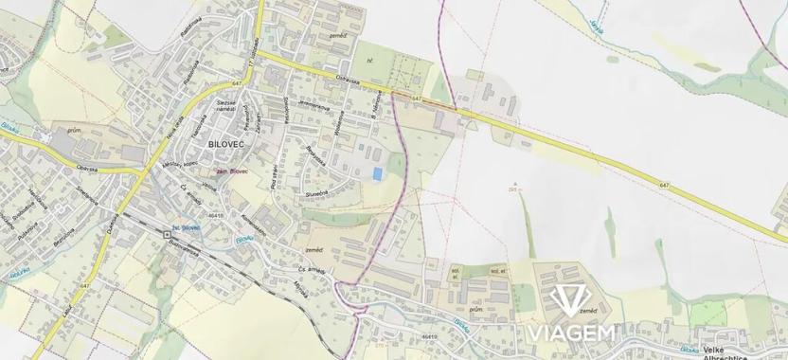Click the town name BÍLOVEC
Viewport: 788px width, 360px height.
227,142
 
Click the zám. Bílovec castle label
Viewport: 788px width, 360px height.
232,171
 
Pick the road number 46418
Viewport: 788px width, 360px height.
217,216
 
